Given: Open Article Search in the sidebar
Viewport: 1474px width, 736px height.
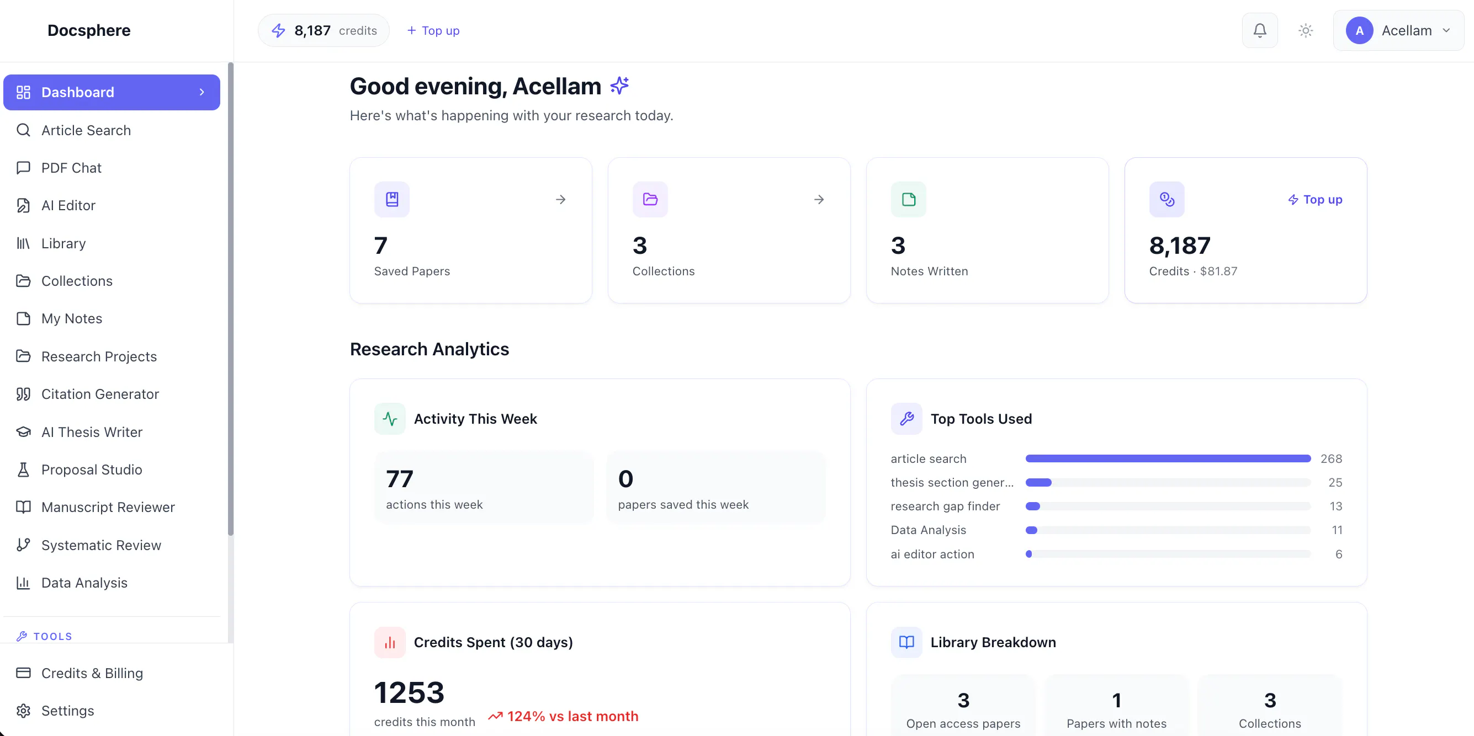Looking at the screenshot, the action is pyautogui.click(x=86, y=130).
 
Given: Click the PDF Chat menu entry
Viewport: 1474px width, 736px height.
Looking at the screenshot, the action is pyautogui.click(x=71, y=168).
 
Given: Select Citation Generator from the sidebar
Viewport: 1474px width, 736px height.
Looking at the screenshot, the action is pyautogui.click(x=100, y=394).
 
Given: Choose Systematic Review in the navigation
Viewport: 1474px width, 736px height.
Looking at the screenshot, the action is pyautogui.click(x=101, y=545).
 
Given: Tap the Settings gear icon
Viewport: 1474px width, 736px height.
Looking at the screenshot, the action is pyautogui.click(x=23, y=710).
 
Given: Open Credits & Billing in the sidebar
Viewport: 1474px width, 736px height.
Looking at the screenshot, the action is pyautogui.click(x=92, y=673).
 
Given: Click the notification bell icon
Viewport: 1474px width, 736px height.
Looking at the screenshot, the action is pyautogui.click(x=1259, y=30).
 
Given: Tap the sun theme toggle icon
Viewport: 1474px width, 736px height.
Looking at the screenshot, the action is pyautogui.click(x=1305, y=30).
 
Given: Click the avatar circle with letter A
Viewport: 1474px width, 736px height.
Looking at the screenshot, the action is pyautogui.click(x=1359, y=30).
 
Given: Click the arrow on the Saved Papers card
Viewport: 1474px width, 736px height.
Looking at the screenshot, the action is pyautogui.click(x=561, y=200).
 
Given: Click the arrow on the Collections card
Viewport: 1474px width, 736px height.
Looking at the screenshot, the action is pyautogui.click(x=819, y=200).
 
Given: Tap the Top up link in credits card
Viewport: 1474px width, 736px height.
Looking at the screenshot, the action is pyautogui.click(x=1315, y=200).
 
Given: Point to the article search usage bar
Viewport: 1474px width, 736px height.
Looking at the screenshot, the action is pyautogui.click(x=1167, y=458).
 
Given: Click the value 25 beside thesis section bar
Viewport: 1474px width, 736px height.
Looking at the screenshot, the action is pyautogui.click(x=1335, y=483).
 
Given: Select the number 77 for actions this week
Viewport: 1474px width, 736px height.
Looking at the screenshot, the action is pyautogui.click(x=399, y=479).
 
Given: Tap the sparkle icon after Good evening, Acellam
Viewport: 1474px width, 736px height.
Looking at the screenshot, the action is pyautogui.click(x=619, y=86).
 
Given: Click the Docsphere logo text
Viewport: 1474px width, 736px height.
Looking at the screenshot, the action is pyautogui.click(x=89, y=30).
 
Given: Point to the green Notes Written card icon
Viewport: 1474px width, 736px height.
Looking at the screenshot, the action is pyautogui.click(x=908, y=200).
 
